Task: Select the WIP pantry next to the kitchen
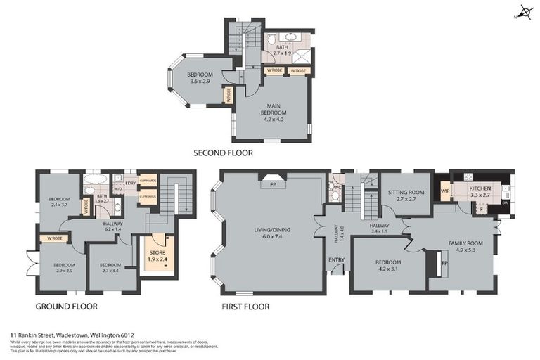pyautogui.click(x=444, y=191)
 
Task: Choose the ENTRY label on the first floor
pyautogui.click(x=337, y=259)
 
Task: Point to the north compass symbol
pyautogui.click(x=523, y=12)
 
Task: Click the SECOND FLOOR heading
pyautogui.click(x=223, y=153)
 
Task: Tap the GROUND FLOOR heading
pyautogui.click(x=66, y=307)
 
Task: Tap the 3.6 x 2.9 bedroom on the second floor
pyautogui.click(x=200, y=78)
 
